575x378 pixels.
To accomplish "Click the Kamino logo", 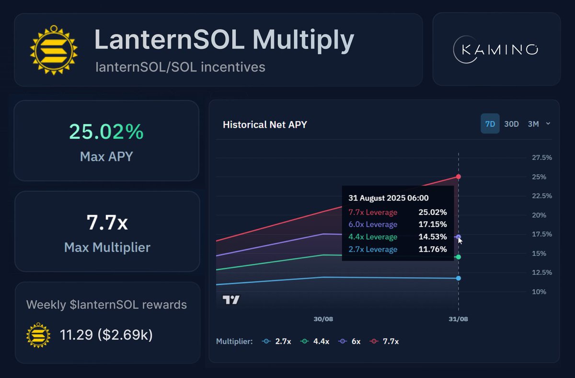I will (496, 49).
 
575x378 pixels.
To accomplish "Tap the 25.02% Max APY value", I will (106, 132).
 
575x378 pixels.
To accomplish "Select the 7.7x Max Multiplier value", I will (107, 222).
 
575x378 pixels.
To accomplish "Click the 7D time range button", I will (490, 124).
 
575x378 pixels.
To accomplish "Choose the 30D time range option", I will (511, 124).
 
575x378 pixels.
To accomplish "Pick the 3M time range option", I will (533, 124).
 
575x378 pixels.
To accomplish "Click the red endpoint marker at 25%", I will (459, 177).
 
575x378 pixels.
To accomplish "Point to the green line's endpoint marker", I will (459, 257).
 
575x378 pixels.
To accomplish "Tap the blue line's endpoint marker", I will (459, 278).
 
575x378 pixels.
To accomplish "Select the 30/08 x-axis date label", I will (323, 319).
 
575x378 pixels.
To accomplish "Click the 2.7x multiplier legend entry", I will (275, 341).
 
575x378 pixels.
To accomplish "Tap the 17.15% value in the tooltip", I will (431, 224).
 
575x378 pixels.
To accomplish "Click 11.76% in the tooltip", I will (431, 249).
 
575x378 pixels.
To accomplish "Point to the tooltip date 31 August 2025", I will (389, 198).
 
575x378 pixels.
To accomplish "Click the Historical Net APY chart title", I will (265, 125).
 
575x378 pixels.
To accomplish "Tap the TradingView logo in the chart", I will (231, 300).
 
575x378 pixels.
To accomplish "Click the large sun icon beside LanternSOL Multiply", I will (54, 49).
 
